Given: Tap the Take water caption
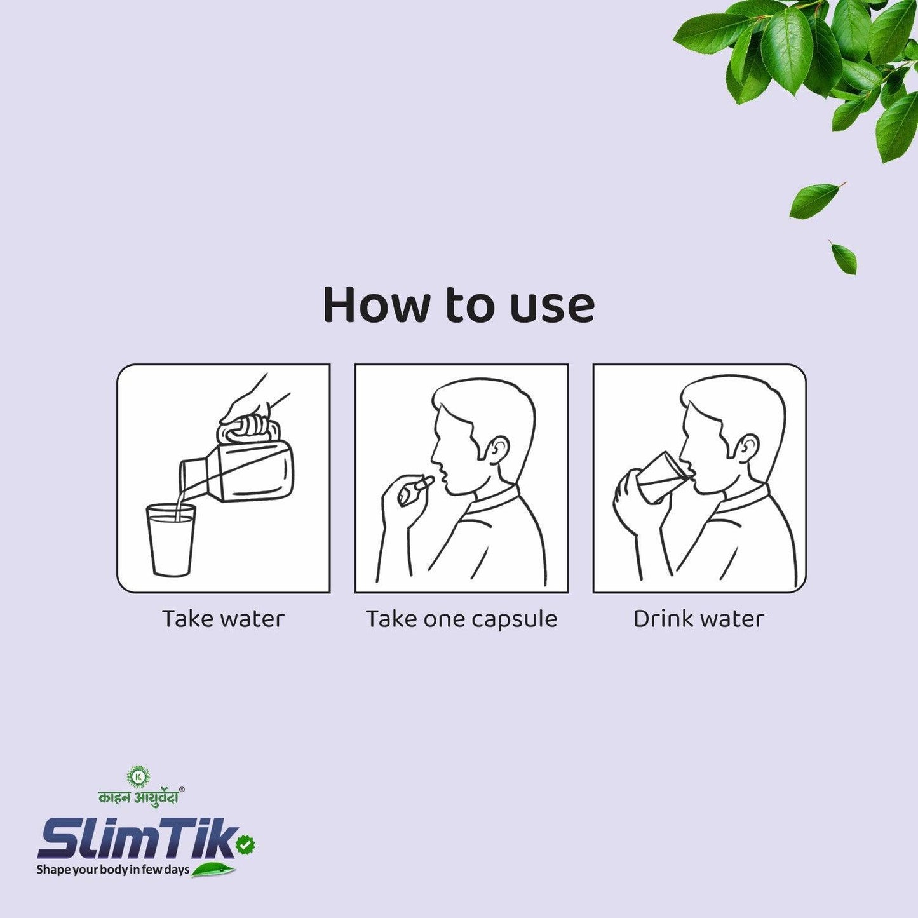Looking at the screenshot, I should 223,619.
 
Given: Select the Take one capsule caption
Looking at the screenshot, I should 461,619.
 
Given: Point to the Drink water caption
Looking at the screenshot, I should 698,619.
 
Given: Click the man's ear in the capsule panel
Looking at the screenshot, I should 497,449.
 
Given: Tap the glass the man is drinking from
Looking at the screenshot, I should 661,476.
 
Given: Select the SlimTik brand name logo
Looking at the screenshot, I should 137,839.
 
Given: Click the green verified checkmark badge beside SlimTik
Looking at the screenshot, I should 245,844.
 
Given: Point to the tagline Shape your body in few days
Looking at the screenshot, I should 112,869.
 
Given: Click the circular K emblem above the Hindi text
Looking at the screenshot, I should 138,776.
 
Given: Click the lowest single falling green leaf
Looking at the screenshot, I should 844,257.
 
